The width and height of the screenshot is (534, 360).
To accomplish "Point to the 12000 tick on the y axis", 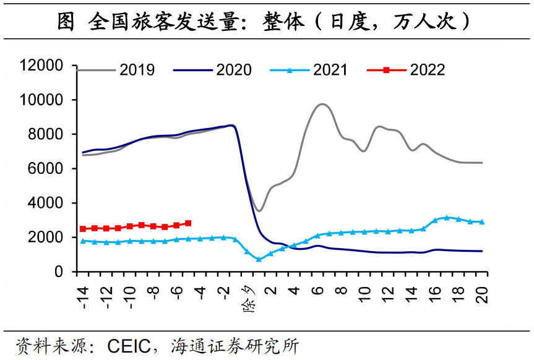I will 41,66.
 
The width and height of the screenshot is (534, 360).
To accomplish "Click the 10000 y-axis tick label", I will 41,100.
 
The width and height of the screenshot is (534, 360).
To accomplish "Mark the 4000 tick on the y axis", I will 46,203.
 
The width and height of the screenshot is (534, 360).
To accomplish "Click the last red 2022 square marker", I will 188,223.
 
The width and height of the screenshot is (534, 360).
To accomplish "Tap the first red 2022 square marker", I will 83,229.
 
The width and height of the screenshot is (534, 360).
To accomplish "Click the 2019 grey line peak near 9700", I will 322,104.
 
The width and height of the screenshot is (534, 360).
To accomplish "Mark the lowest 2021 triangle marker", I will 259,259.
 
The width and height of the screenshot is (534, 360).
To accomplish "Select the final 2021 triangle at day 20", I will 482,221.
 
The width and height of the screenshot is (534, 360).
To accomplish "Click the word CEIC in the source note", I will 129,345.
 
